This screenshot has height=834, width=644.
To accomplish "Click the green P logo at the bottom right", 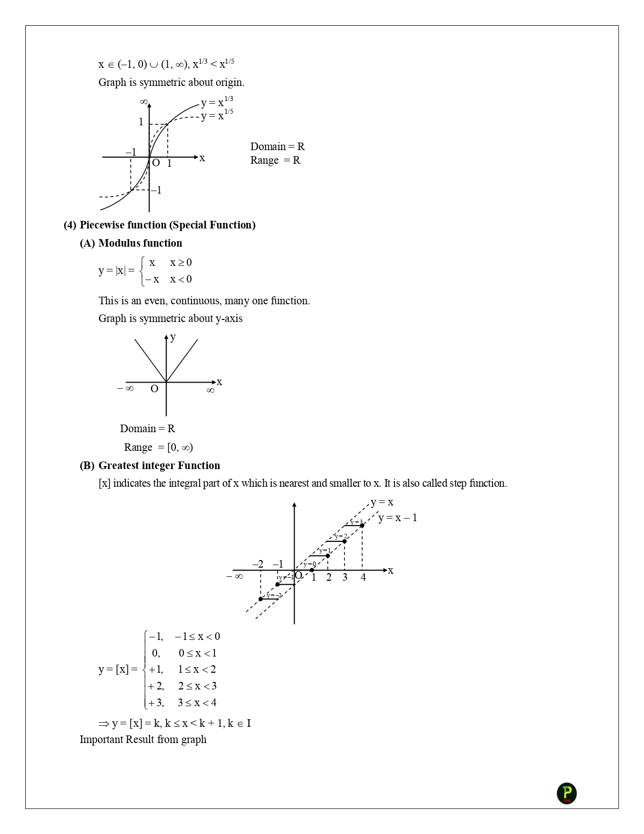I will click(566, 793).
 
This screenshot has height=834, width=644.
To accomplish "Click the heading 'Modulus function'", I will click(140, 243).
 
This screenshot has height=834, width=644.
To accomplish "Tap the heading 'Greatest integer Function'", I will click(159, 466).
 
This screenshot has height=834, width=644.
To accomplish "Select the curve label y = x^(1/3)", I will click(217, 102).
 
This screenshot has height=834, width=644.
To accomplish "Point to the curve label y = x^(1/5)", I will click(217, 115).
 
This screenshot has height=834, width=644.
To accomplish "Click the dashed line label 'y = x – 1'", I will click(398, 518).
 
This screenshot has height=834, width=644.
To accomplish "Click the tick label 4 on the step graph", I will click(363, 578).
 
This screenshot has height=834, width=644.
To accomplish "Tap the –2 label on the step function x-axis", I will click(258, 564).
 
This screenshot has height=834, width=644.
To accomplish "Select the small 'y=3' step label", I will click(357, 522).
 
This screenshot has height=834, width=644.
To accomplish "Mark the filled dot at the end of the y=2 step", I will click(344, 541).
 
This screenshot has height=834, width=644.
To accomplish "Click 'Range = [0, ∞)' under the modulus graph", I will click(159, 447).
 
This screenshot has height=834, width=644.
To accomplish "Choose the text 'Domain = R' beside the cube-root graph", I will click(277, 147).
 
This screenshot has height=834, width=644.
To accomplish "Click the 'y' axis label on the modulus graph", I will click(173, 337).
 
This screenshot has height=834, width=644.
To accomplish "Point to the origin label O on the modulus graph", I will click(155, 389).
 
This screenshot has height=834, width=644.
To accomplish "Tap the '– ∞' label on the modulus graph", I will click(125, 388).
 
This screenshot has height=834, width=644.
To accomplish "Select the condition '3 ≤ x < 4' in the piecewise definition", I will click(197, 703).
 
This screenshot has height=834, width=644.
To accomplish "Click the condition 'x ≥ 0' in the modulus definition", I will click(181, 262).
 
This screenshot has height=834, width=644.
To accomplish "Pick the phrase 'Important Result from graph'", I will click(143, 739).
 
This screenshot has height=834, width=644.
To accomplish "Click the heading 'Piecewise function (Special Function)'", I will click(167, 225).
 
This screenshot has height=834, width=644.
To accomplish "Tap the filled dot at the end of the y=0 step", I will click(312, 570).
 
